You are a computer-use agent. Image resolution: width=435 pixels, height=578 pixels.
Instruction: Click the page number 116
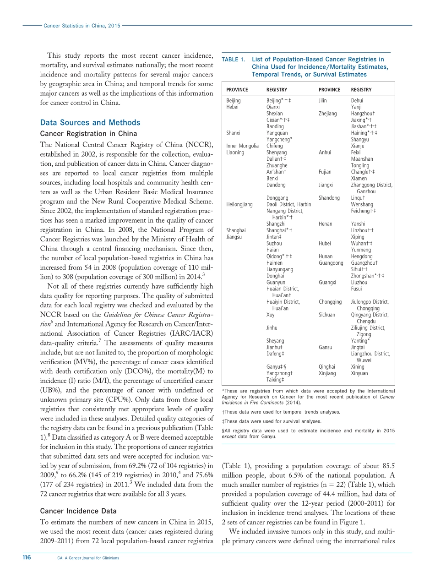pyautogui.click(x=27, y=558)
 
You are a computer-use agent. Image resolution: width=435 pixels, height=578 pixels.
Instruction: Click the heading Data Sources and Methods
pyautogui.click(x=90, y=123)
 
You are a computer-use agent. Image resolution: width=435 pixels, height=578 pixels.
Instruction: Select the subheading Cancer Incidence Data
pyautogui.click(x=78, y=511)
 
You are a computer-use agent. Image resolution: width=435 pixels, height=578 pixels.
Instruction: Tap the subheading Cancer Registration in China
pyautogui.click(x=89, y=134)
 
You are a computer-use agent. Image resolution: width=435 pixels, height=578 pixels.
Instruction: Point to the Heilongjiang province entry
pyautogui.click(x=239, y=204)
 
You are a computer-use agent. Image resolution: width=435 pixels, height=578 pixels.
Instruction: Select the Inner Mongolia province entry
pyautogui.click(x=243, y=146)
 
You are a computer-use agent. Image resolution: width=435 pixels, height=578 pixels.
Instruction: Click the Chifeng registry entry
pyautogui.click(x=275, y=146)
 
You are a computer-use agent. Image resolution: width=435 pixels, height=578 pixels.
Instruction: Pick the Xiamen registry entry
pyautogui.click(x=359, y=179)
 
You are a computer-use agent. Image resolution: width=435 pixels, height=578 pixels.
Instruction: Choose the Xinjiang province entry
pyautogui.click(x=327, y=373)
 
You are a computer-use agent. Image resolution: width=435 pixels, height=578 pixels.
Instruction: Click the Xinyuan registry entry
pyautogui.click(x=359, y=373)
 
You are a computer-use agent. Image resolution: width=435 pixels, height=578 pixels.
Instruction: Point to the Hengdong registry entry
pyautogui.click(x=362, y=256)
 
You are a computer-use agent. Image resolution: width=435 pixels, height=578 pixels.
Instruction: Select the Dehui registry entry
pyautogui.click(x=357, y=101)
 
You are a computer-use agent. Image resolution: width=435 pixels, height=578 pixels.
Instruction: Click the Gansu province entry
pyautogui.click(x=326, y=347)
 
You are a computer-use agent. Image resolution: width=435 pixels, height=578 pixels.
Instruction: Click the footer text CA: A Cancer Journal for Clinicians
pyautogui.click(x=88, y=558)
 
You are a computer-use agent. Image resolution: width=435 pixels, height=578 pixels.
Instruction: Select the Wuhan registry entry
pyautogui.click(x=362, y=244)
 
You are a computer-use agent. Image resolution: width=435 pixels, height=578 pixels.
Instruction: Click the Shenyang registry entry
pyautogui.click(x=277, y=153)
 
